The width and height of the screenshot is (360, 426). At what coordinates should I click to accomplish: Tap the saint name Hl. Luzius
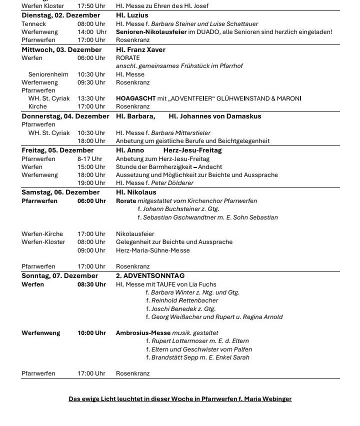pos(132,15)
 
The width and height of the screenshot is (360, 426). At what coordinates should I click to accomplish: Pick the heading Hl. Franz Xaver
pos(140,49)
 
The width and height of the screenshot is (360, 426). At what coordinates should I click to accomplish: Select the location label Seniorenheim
pos(48,74)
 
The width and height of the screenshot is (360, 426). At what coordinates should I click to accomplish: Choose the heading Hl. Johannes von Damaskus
pos(215,116)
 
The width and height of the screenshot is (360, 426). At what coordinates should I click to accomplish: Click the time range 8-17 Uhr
pos(89,158)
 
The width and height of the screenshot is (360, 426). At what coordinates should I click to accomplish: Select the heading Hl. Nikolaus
pos(136,192)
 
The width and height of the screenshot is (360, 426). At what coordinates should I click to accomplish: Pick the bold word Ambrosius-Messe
pos(143,332)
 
